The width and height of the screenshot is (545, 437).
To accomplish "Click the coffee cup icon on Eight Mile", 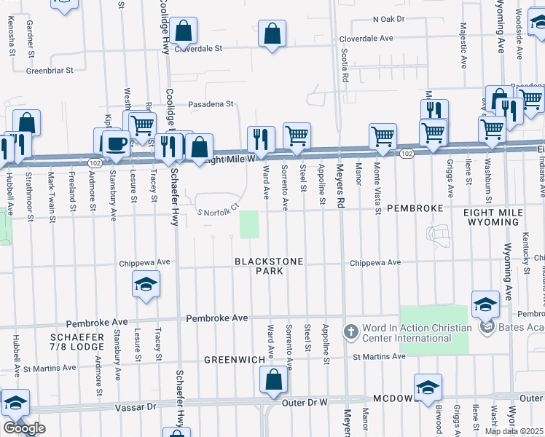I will coord(114,142).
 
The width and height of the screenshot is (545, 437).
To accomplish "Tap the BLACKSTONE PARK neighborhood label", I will coord(258,266).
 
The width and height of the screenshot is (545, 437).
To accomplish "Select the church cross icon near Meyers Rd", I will coord(350,332).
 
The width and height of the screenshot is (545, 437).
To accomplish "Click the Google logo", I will coord(24,428).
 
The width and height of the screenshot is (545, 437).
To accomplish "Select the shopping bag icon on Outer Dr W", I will coord(273,379).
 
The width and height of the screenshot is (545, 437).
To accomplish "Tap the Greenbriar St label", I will coord(50,71).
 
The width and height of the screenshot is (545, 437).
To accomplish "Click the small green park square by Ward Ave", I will coord(250,224).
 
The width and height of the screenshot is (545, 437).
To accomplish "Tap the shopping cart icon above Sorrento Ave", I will coord(297,135).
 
